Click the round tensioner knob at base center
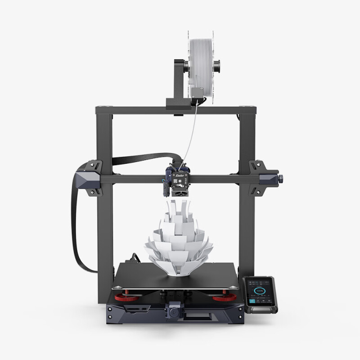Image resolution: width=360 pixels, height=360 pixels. coord(173,310)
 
